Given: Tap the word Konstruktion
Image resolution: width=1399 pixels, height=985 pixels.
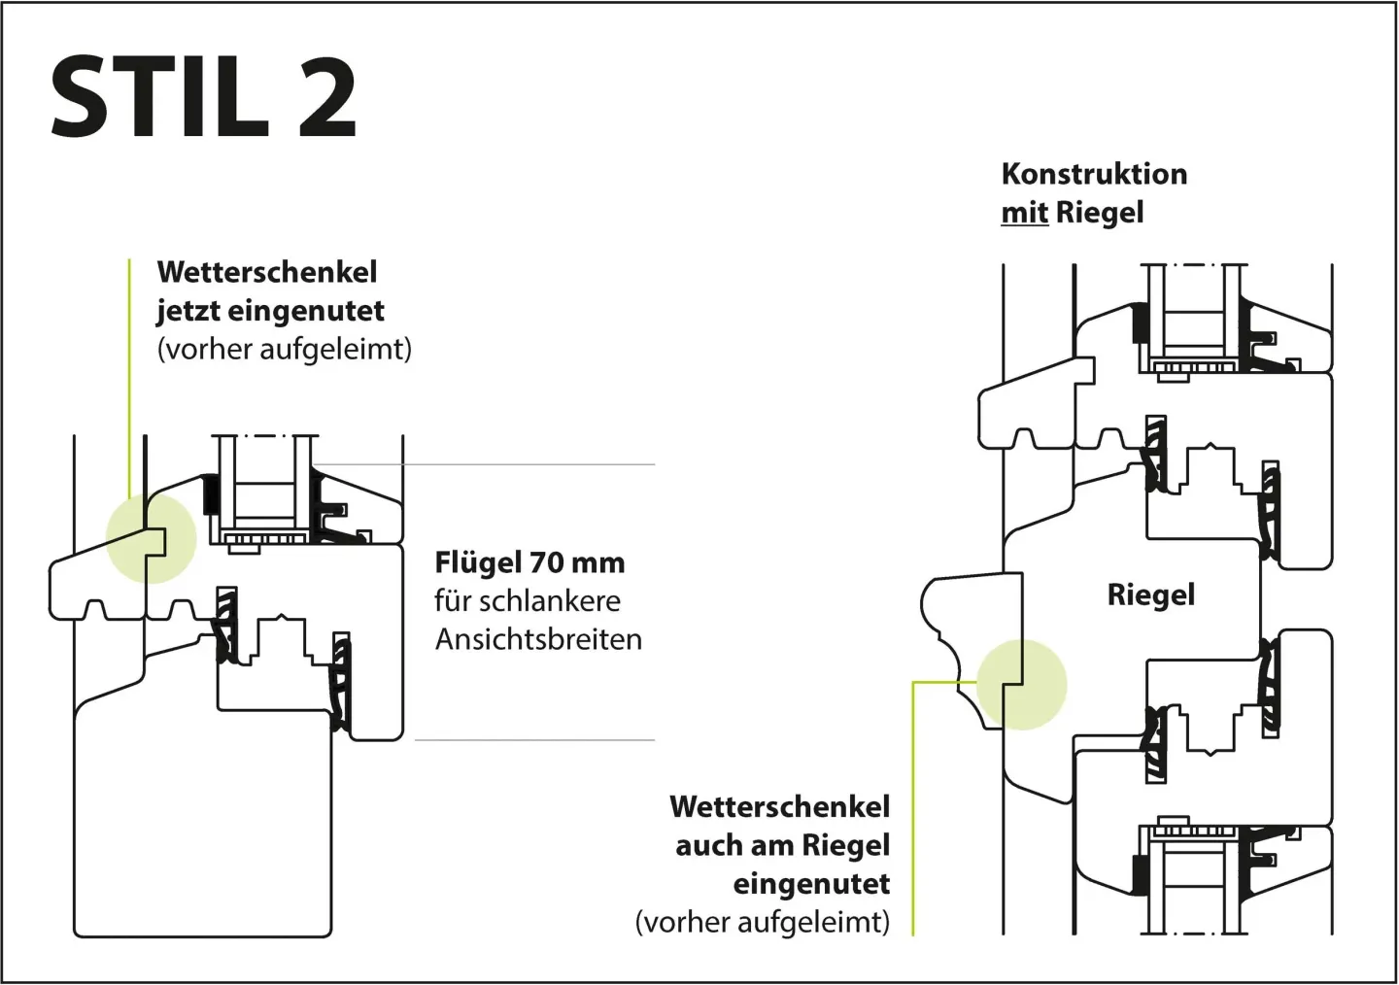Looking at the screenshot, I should [x=1094, y=174].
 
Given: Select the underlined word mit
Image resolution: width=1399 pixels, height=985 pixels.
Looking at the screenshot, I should [x=1024, y=213].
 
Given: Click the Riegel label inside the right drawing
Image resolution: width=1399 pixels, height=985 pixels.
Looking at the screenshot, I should [x=1150, y=594].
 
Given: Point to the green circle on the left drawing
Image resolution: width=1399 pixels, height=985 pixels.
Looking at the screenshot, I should [x=151, y=538].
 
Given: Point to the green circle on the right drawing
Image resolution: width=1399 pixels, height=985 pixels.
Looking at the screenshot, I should [x=1021, y=684].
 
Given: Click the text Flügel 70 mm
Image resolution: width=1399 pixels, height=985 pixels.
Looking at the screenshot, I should [x=529, y=562].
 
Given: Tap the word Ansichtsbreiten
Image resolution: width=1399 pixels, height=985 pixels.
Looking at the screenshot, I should [x=538, y=640].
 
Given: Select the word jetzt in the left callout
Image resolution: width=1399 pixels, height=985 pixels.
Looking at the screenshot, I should [x=188, y=311].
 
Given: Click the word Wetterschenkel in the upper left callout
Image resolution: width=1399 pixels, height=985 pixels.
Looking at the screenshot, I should [x=267, y=272].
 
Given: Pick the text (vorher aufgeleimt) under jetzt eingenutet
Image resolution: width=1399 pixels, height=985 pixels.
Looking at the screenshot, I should [x=285, y=350].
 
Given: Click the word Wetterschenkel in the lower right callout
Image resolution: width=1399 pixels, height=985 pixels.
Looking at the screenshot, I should [x=779, y=807].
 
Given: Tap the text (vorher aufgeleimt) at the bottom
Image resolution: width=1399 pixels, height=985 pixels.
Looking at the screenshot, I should [x=762, y=923].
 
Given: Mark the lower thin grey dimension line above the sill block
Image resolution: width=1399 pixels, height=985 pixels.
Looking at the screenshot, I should [x=534, y=740].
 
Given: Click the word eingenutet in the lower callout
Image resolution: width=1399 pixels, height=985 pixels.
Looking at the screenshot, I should [x=811, y=885].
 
